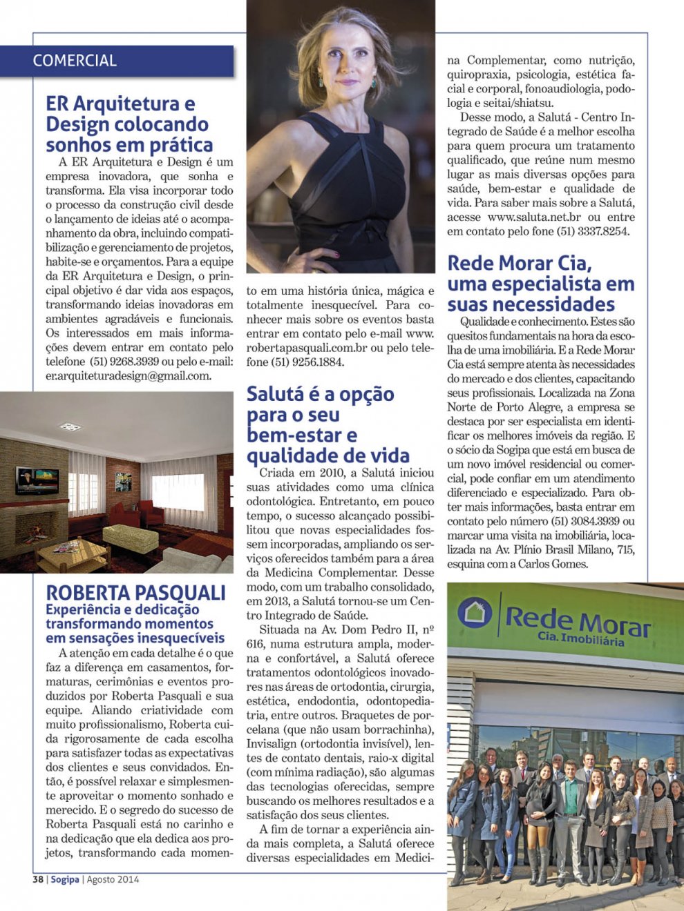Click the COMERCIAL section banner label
pos(75,61)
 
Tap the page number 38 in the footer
pos(38,879)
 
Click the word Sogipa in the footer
pos(64,879)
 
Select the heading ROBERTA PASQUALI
pos(135,593)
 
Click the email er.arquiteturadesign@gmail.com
pos(129,376)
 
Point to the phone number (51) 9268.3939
pos(125,362)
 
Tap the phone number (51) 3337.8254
pos(593,232)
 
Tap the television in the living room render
pos(37,478)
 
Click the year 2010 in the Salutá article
pos(334,473)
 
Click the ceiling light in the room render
pos(70,427)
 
